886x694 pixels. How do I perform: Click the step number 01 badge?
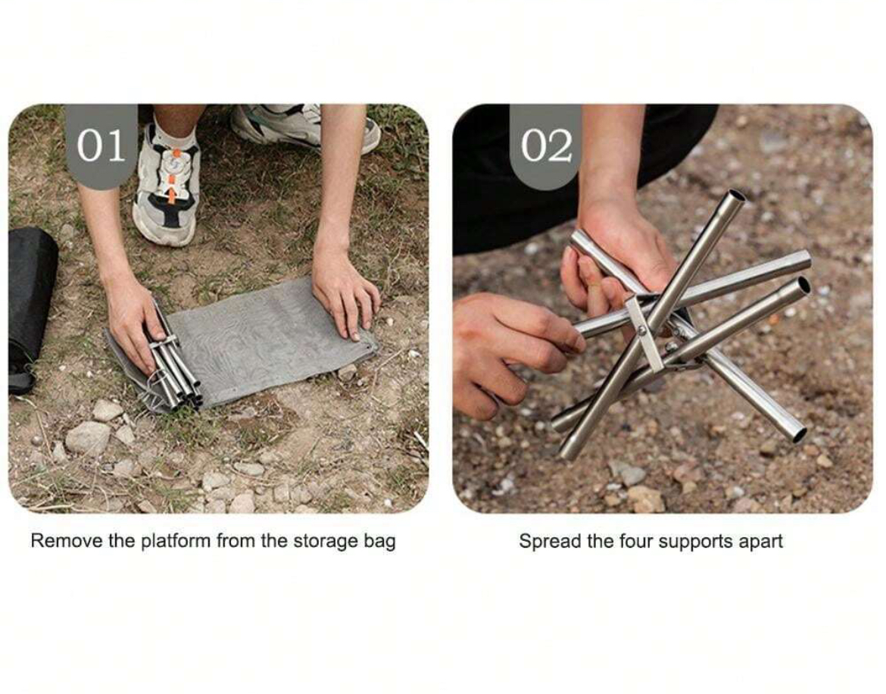pos(101,145)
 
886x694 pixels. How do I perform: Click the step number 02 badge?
pos(546,145)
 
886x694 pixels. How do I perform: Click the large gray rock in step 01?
pos(88,438)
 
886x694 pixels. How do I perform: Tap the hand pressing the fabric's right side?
pos(345,297)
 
